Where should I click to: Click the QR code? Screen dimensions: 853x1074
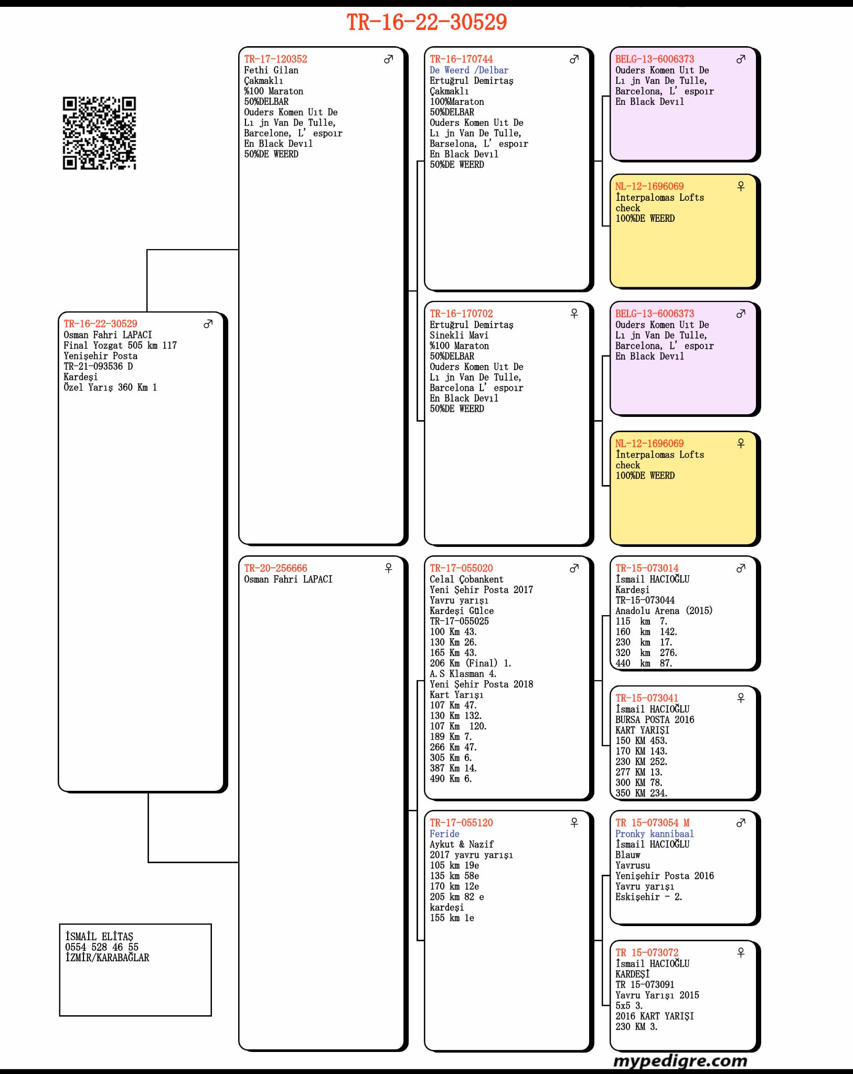point(99,133)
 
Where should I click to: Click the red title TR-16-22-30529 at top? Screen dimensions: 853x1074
point(426,22)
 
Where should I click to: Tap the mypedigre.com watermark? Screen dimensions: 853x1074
point(680,1060)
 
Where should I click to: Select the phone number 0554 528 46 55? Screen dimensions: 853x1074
point(102,947)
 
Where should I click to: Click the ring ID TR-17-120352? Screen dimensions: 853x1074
point(275,59)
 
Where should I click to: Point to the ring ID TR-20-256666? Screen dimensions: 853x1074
point(275,568)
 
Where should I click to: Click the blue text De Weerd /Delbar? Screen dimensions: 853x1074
point(469,70)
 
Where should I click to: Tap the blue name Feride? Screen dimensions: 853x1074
point(444,833)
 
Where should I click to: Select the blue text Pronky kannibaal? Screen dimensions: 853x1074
point(654,833)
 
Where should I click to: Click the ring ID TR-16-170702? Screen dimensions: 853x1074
point(461,314)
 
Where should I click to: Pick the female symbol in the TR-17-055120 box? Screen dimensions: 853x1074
point(574,823)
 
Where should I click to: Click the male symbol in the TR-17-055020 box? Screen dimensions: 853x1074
point(574,568)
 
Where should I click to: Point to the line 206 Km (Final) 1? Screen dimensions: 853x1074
point(471,663)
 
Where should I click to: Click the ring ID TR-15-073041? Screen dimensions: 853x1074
point(647,698)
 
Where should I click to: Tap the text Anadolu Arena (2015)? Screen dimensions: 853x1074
point(664,610)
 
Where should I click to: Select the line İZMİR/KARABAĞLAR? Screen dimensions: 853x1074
point(107,958)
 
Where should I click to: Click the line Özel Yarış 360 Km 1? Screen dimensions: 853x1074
point(110,387)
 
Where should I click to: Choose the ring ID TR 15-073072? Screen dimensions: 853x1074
point(647,952)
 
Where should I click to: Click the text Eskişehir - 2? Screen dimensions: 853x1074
point(648,897)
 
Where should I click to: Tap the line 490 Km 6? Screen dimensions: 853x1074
point(451,779)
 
